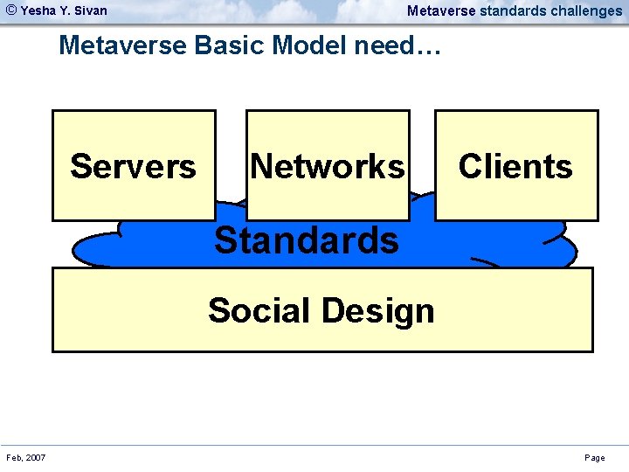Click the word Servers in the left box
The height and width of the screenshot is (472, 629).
coord(133,166)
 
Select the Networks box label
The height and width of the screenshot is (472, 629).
coord(328,166)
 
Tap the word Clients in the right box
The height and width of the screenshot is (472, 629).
coord(515,166)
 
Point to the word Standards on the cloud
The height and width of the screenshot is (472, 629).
coord(306,239)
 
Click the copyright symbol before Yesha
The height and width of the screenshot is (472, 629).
coord(11,10)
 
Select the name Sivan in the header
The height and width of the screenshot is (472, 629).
coord(92,11)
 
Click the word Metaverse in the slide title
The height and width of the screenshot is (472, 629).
coord(122,45)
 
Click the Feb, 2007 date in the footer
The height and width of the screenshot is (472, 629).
coord(26,458)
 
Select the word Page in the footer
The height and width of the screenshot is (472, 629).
coord(594,458)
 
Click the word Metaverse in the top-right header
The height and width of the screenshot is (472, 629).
coord(441,11)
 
